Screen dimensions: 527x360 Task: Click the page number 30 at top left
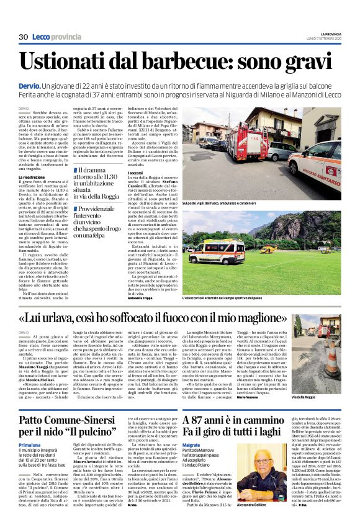coord(24,37)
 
